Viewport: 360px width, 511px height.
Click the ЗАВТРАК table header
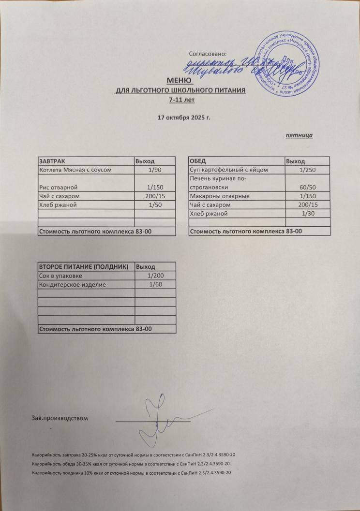pos(55,161)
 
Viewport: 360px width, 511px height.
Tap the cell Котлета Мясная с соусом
pos(75,170)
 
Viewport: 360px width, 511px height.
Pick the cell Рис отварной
pos(58,187)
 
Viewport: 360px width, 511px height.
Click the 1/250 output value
pos(307,170)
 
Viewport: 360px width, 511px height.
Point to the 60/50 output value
pos(307,187)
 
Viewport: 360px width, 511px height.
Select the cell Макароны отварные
pos(220,196)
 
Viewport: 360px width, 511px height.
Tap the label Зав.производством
pos(60,418)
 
